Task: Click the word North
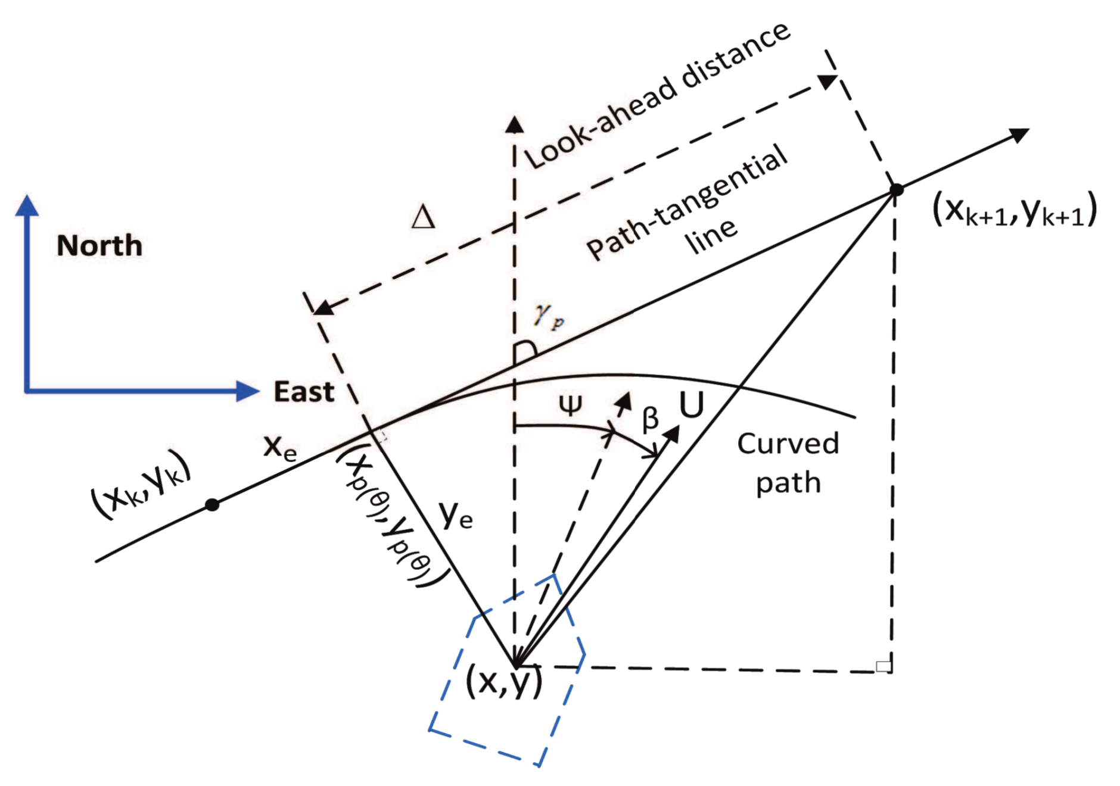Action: [x=99, y=246]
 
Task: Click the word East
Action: [x=303, y=392]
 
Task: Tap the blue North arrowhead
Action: [x=27, y=205]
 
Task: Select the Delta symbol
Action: [x=423, y=217]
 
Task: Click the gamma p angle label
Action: [x=547, y=315]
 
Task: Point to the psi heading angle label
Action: [x=570, y=406]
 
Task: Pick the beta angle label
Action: [x=650, y=419]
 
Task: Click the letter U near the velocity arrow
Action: [x=692, y=406]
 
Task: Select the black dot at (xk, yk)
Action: [x=212, y=505]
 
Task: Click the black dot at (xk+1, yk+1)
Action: [x=896, y=190]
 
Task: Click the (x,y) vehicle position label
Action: [x=504, y=682]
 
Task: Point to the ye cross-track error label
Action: [x=456, y=515]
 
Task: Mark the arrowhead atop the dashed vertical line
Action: [x=514, y=124]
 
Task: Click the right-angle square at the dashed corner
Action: [x=883, y=666]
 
